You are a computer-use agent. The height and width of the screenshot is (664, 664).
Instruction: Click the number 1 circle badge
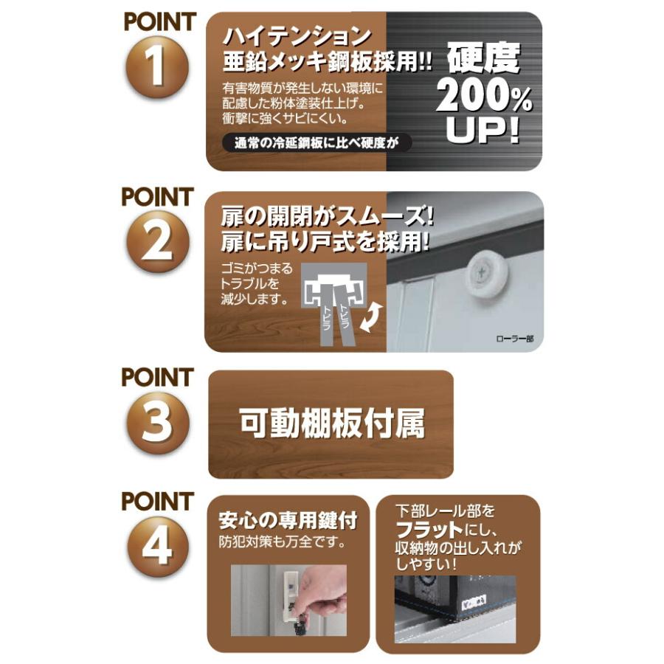156,68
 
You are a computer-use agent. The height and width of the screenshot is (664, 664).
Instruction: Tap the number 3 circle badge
156,422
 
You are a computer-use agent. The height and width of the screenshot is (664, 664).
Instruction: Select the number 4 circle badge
156,547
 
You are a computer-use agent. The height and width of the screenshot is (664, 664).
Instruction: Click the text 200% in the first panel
483,97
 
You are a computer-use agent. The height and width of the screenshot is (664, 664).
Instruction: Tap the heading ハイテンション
295,35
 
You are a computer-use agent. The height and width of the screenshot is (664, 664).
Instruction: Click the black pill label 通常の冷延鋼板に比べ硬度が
317,143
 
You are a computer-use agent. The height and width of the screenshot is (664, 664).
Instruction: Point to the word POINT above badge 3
157,378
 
